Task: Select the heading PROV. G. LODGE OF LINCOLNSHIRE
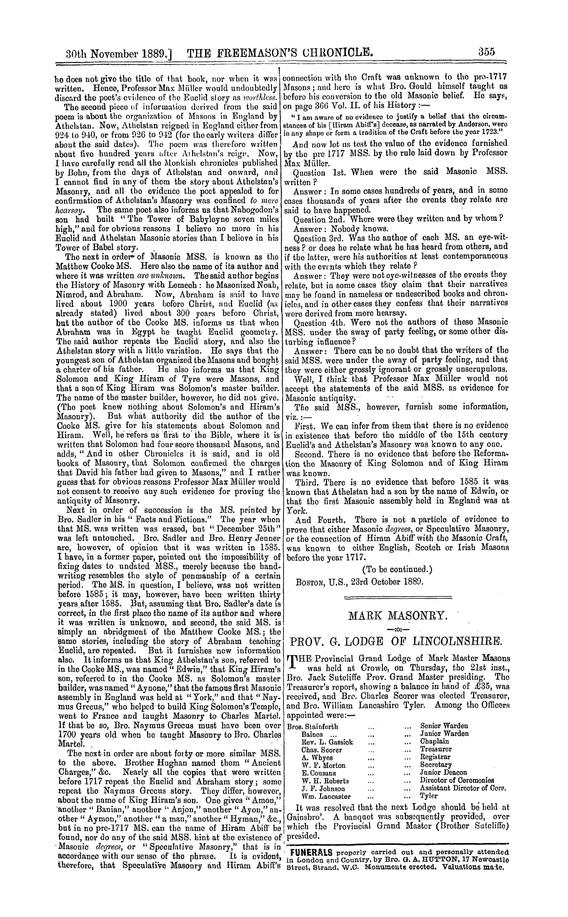[x=397, y=642]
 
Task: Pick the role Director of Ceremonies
[x=457, y=781]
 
